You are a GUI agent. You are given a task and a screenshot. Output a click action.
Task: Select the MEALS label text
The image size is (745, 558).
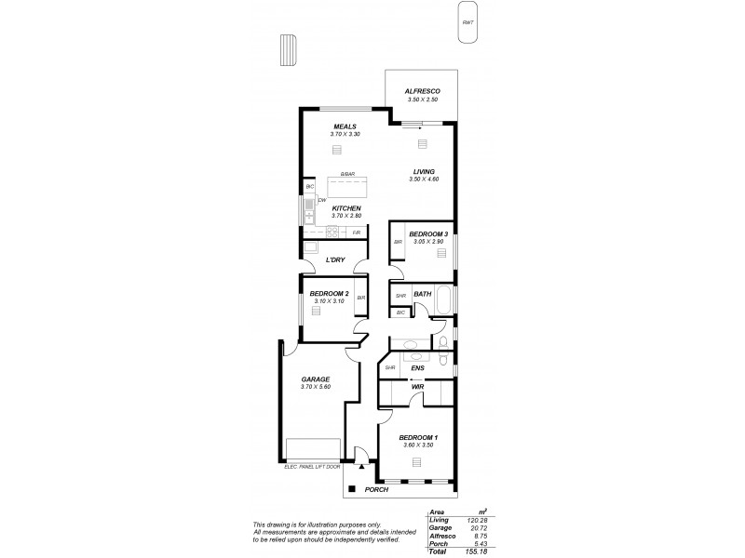345,126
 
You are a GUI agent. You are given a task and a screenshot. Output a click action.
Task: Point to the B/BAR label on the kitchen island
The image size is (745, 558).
346,174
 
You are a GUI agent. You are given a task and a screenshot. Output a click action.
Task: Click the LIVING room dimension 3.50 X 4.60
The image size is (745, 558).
423,179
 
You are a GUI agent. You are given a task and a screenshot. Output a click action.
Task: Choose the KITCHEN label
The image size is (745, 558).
345,208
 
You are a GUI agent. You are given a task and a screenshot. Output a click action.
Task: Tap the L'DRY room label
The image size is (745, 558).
337,260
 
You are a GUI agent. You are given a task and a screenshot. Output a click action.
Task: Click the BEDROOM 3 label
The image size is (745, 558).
428,234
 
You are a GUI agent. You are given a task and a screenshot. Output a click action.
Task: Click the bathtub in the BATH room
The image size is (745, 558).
443,299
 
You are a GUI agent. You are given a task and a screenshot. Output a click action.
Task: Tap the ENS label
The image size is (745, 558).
418,368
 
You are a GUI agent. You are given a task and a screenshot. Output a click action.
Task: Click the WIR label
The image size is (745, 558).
418,387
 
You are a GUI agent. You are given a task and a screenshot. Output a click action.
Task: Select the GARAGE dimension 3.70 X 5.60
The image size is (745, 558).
316,386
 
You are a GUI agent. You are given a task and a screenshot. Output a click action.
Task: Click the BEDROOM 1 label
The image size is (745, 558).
418,437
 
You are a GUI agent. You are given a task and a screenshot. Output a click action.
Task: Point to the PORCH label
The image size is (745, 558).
376,489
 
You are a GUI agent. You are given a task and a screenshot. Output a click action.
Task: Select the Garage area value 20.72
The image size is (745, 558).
478,526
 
